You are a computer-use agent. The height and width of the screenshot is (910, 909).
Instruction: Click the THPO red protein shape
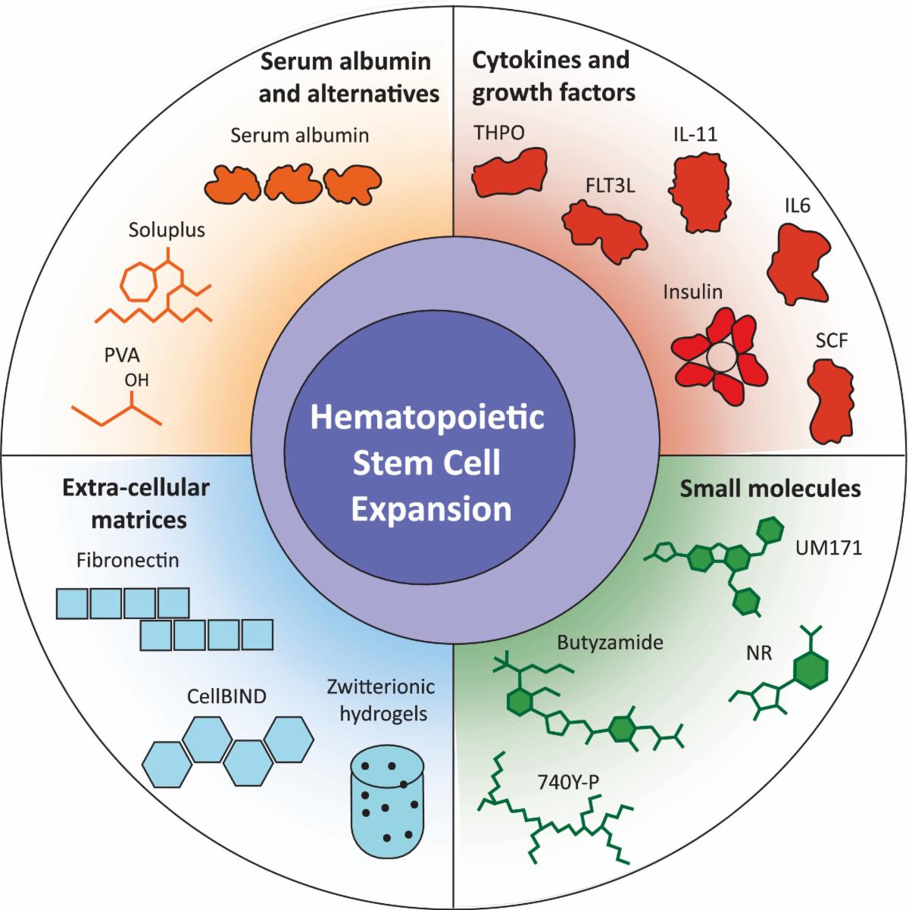(509, 172)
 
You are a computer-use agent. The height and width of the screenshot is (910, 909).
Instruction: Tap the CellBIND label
(226, 696)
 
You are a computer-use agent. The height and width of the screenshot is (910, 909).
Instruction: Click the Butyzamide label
(610, 643)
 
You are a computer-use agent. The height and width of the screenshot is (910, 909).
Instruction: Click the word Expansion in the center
(432, 508)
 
